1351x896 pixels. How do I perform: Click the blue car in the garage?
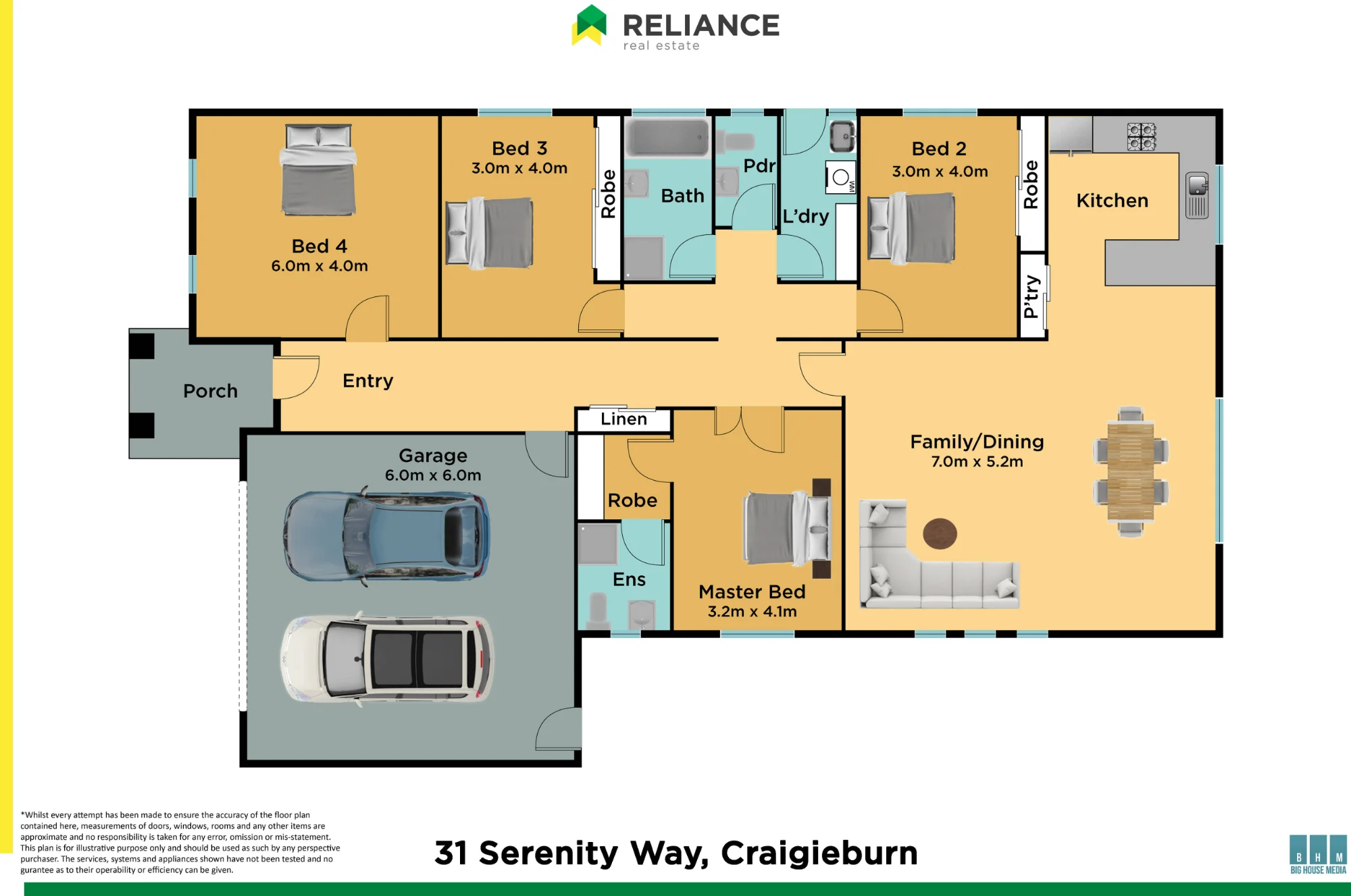click(387, 537)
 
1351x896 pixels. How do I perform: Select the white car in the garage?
click(387, 659)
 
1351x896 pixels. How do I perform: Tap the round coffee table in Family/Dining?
click(940, 533)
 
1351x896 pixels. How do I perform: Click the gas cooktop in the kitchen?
click(1142, 136)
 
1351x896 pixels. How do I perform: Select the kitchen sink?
click(1197, 195)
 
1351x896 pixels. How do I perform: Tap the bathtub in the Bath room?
click(667, 137)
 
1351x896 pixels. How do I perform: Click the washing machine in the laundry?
click(841, 178)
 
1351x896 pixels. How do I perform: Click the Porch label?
click(210, 391)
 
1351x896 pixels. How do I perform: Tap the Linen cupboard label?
click(623, 419)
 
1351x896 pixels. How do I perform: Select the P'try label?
click(1031, 296)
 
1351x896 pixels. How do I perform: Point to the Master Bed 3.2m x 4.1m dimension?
click(752, 612)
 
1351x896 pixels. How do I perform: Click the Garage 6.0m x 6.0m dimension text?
click(433, 475)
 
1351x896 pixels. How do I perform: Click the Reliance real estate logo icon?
click(589, 25)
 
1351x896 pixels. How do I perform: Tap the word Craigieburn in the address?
click(819, 853)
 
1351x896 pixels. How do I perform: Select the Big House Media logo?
click(1318, 854)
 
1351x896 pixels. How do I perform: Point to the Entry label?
click(367, 381)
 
